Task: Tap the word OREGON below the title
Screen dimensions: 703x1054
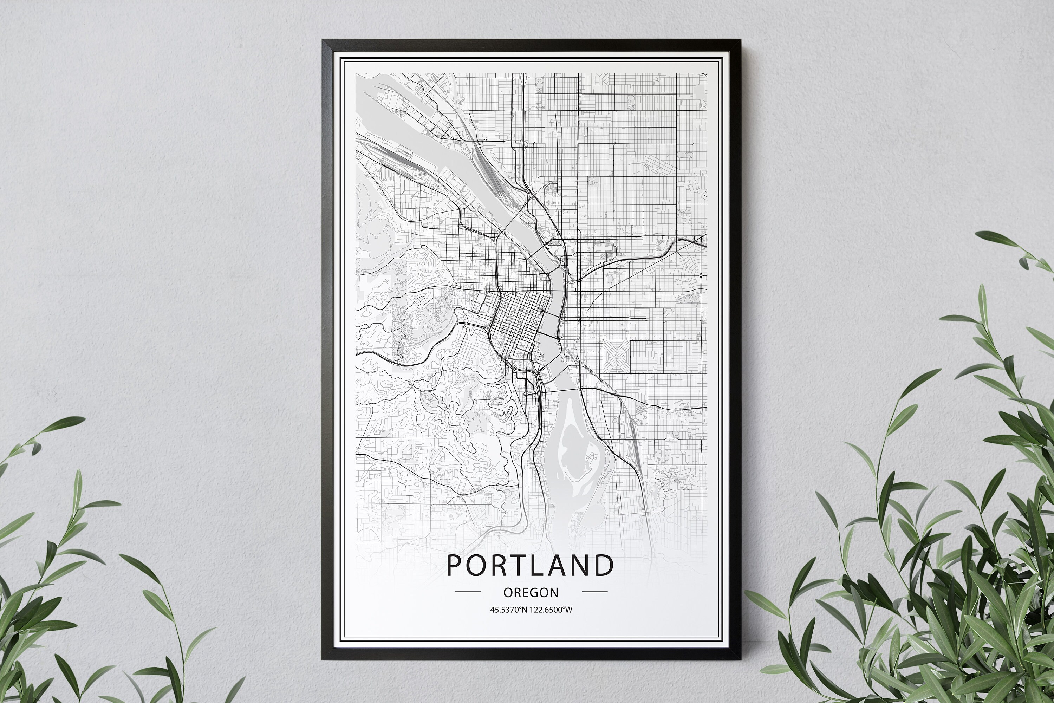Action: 531,593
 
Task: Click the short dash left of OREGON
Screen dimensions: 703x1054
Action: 468,592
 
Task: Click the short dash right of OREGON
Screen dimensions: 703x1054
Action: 594,592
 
